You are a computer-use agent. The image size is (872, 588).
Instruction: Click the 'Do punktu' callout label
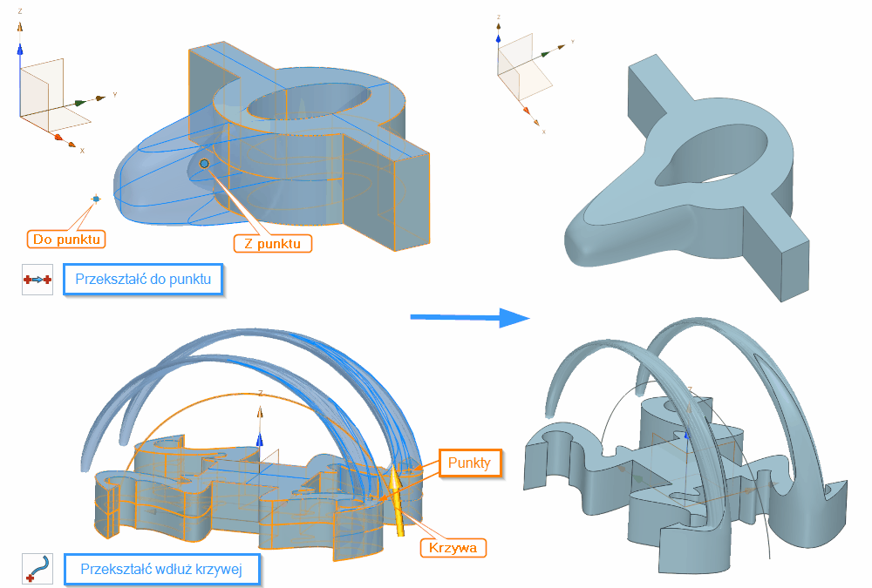coord(66,238)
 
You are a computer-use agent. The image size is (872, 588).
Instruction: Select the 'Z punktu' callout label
coord(272,243)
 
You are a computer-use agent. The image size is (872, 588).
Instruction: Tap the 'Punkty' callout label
coord(470,463)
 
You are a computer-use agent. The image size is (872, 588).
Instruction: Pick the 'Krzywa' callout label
coord(453,547)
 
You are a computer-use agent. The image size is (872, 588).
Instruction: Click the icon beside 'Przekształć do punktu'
coord(37,280)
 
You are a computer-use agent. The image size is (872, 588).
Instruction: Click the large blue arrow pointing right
coord(470,318)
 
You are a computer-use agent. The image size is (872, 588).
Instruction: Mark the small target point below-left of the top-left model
coord(96,199)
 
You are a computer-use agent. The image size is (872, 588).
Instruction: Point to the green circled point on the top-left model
coord(204,164)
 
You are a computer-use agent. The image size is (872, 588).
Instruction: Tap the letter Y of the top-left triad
coord(114,93)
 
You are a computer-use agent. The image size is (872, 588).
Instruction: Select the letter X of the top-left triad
coord(82,151)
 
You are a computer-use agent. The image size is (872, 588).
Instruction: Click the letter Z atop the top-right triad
coord(498,17)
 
